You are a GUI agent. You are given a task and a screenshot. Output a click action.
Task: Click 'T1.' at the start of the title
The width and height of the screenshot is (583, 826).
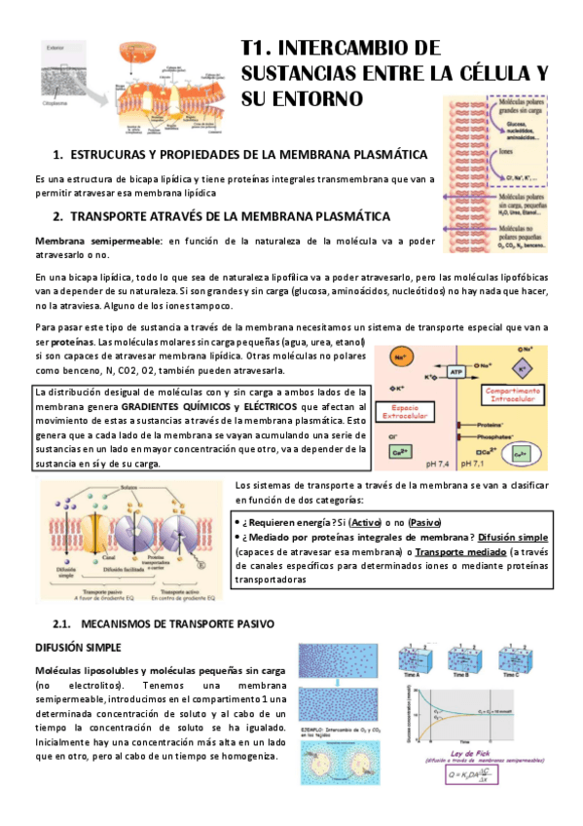tap(262, 49)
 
